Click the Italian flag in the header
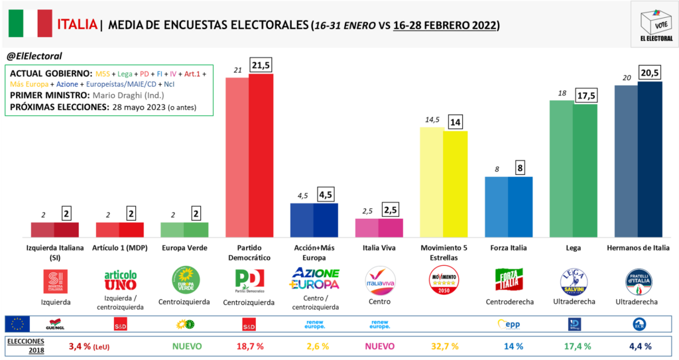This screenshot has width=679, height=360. pyautogui.click(x=31, y=24)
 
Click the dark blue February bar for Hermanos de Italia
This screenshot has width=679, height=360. pyautogui.click(x=650, y=158)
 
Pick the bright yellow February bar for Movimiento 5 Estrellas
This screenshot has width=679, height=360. pyautogui.click(x=456, y=183)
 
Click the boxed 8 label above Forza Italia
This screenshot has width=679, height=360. pyautogui.click(x=521, y=168)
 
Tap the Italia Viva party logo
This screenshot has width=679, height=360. pyautogui.click(x=381, y=281)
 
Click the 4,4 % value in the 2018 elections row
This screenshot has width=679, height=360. pyautogui.click(x=639, y=345)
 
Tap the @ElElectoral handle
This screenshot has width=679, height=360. pyautogui.click(x=34, y=56)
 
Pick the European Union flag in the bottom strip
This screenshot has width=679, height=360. pyautogui.click(x=17, y=324)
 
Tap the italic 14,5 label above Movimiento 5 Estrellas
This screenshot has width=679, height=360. pyautogui.click(x=431, y=119)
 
